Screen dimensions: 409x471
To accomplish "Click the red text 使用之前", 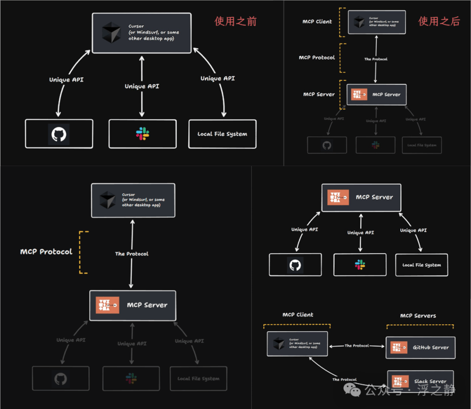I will tap(236, 21).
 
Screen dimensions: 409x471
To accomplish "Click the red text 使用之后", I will tap(439, 21).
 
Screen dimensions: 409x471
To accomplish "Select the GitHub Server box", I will tap(420, 347).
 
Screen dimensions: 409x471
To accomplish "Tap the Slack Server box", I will tap(420, 381).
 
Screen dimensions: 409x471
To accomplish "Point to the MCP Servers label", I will tap(418, 316).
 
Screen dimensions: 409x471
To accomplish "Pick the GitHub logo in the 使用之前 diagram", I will tap(59, 134).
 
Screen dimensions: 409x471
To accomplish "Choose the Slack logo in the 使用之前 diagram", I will tap(142, 134).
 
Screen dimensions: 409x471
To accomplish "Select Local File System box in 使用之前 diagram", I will tap(222, 134).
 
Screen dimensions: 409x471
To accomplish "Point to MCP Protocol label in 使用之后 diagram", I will tap(317, 58).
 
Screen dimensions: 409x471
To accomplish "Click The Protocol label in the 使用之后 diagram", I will tap(376, 59).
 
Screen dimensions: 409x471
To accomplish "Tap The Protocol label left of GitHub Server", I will tap(357, 346).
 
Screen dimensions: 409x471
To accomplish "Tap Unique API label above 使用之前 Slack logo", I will tap(142, 86).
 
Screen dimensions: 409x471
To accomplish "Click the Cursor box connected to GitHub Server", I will tap(297, 343).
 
